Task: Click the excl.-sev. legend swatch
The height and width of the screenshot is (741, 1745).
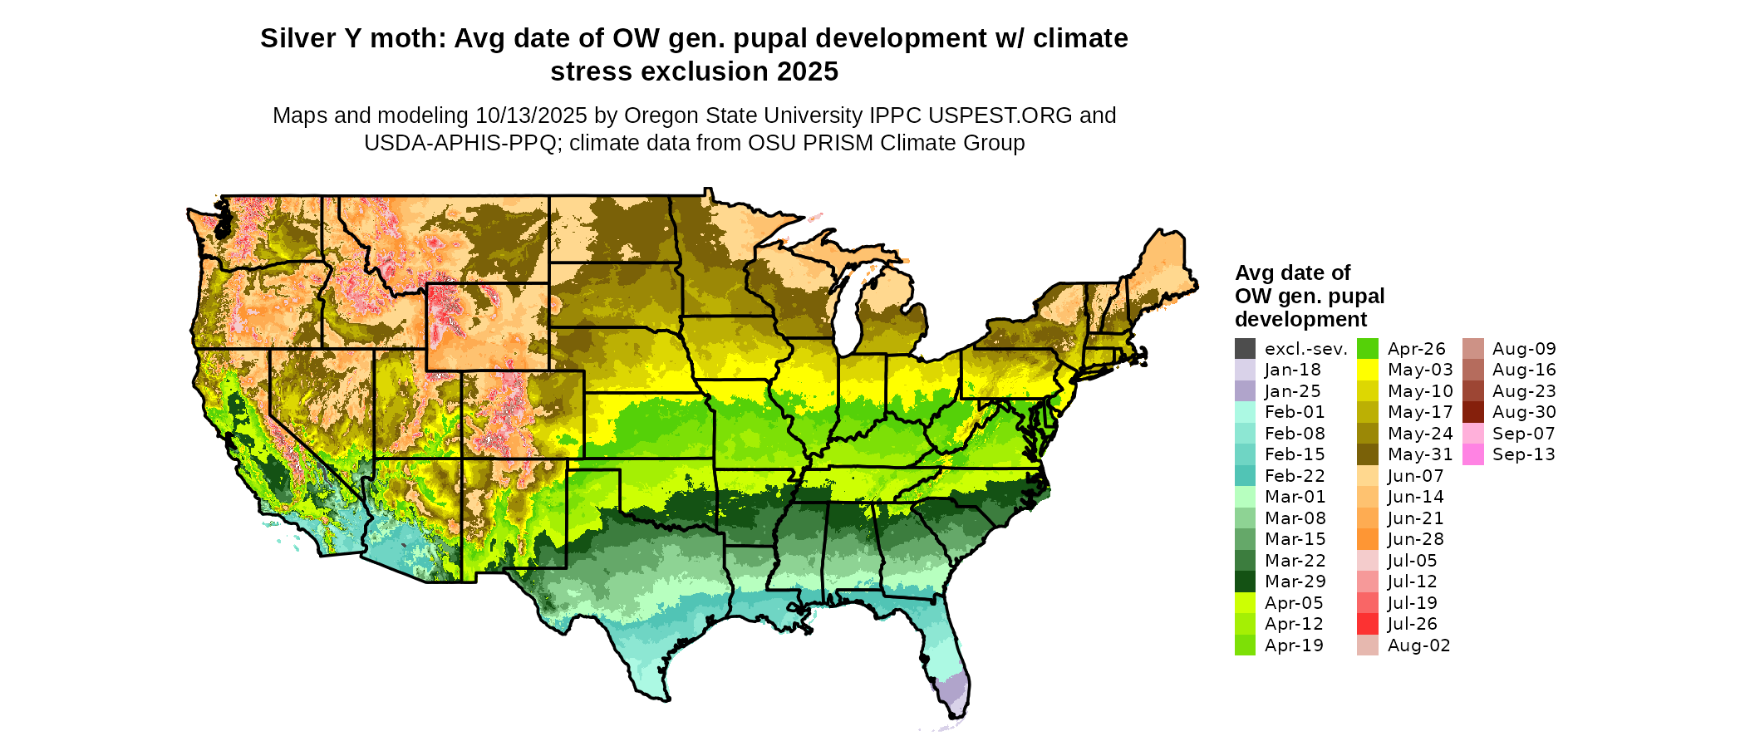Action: click(1245, 349)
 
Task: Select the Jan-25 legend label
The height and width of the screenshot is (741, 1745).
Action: click(1292, 391)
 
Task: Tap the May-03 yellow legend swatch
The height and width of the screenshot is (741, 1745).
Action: click(1367, 370)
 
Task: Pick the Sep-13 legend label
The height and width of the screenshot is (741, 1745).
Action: click(1523, 454)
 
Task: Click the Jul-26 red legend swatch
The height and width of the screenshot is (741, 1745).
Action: click(1367, 624)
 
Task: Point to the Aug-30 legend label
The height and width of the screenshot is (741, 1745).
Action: click(1523, 412)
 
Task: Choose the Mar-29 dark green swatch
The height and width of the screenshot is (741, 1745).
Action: click(1245, 582)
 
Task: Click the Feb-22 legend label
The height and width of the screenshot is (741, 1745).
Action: click(1295, 476)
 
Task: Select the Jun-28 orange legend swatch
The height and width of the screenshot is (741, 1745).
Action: click(1367, 539)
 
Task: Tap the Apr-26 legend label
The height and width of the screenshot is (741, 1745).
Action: click(1417, 349)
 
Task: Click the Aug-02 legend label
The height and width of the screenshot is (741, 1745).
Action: click(1418, 645)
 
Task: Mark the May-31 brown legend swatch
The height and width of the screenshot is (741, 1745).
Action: click(1367, 454)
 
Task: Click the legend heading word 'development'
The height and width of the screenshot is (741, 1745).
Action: click(1300, 320)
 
